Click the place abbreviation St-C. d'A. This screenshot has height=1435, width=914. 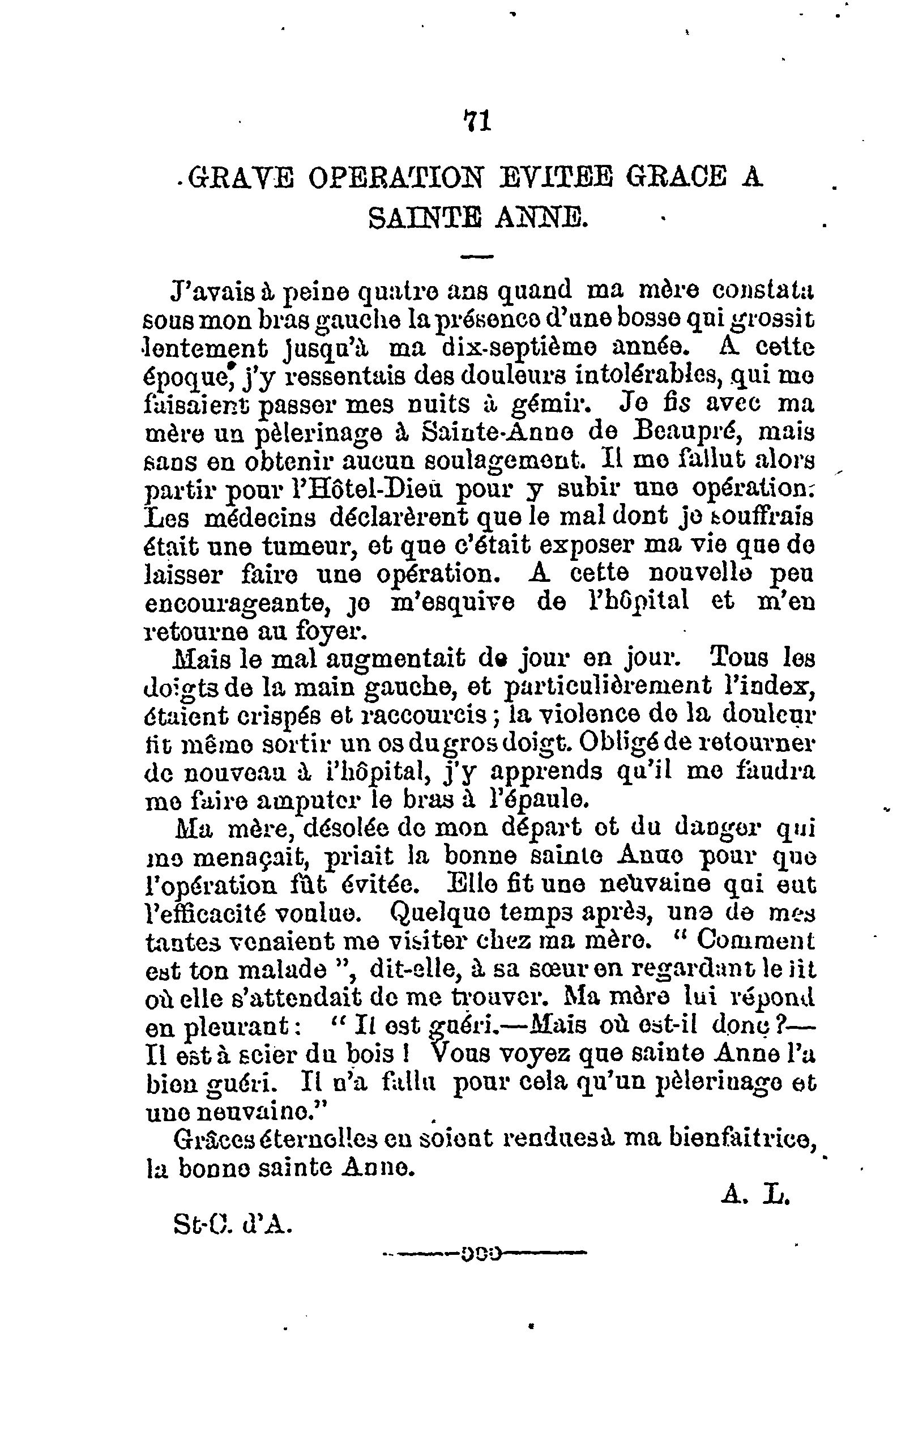point(232,1224)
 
